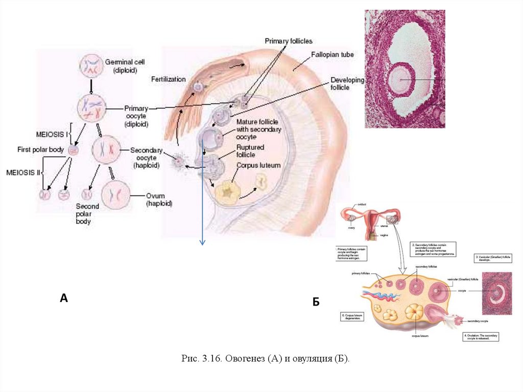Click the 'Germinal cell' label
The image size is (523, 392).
click(x=121, y=61)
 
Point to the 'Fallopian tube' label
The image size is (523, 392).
click(x=333, y=54)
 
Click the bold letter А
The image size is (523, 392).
click(x=64, y=298)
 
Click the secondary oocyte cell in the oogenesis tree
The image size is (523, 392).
click(x=105, y=151)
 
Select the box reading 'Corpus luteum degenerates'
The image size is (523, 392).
click(x=352, y=316)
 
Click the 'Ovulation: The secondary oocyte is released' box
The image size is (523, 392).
click(x=480, y=336)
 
